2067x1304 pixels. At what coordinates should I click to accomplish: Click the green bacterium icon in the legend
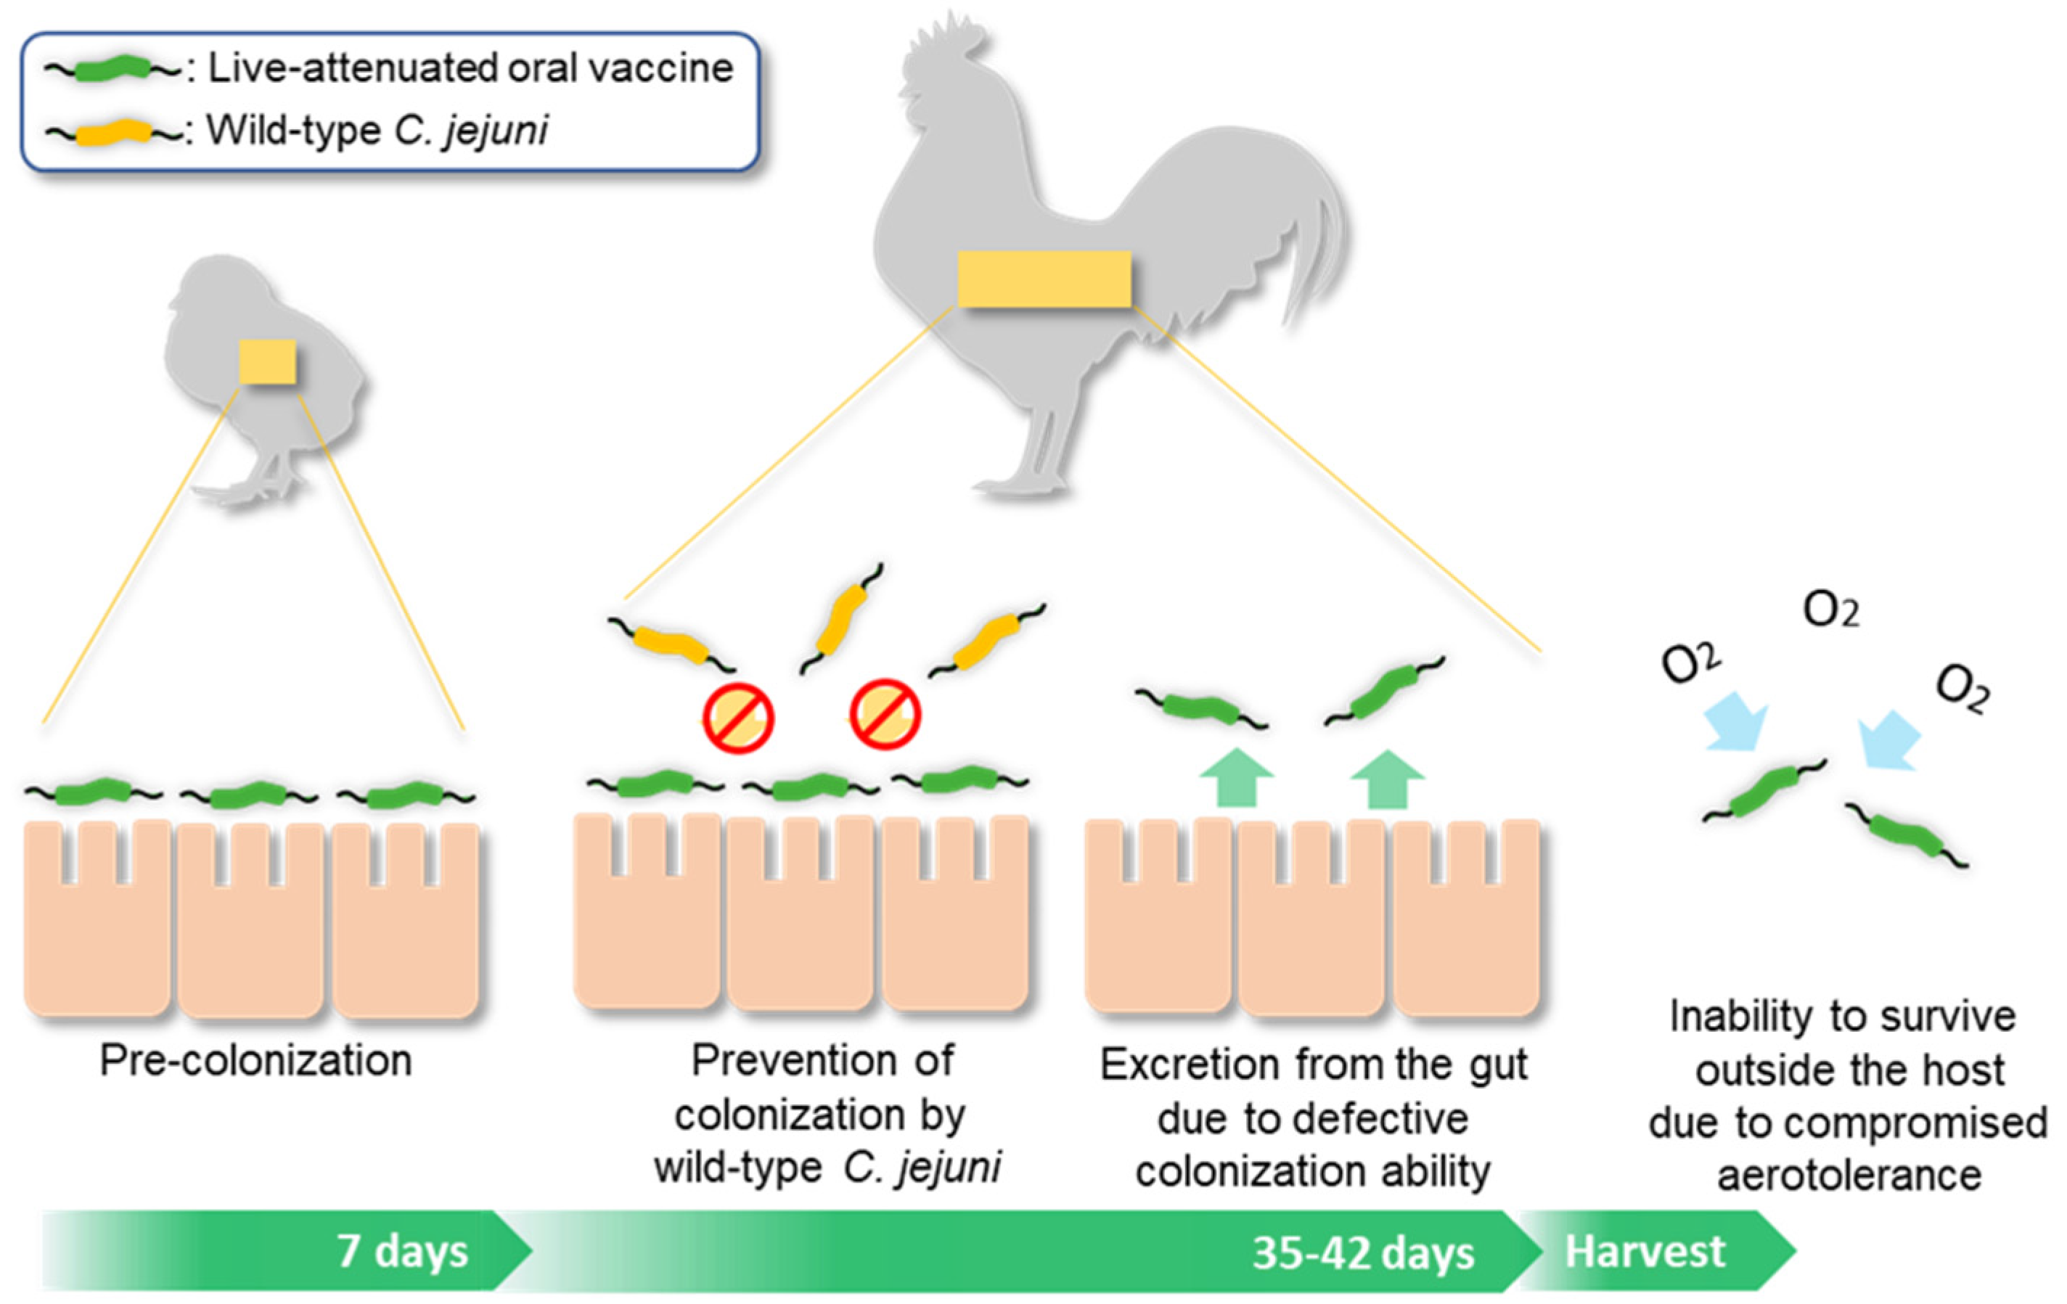coord(112,69)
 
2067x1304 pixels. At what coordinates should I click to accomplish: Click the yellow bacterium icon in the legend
coord(112,132)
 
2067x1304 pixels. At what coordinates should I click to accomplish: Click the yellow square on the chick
coord(267,361)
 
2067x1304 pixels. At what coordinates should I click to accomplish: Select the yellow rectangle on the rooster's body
coord(1044,279)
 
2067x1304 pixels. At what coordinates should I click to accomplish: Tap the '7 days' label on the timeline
coord(402,1251)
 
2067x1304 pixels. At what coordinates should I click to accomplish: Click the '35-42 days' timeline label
coord(1362,1253)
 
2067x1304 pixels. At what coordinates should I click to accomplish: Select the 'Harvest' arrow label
coord(1644,1251)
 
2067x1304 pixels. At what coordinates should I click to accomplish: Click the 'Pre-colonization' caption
coord(255,1060)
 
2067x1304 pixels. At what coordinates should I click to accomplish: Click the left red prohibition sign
coord(738,718)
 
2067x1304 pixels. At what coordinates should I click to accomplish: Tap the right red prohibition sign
coord(885,714)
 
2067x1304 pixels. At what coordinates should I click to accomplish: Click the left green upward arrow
coord(1236,778)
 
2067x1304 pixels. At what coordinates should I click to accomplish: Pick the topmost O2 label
coord(1830,611)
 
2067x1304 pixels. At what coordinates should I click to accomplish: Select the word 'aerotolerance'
coord(1849,1176)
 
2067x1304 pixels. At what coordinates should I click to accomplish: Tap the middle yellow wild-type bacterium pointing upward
coord(841,618)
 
